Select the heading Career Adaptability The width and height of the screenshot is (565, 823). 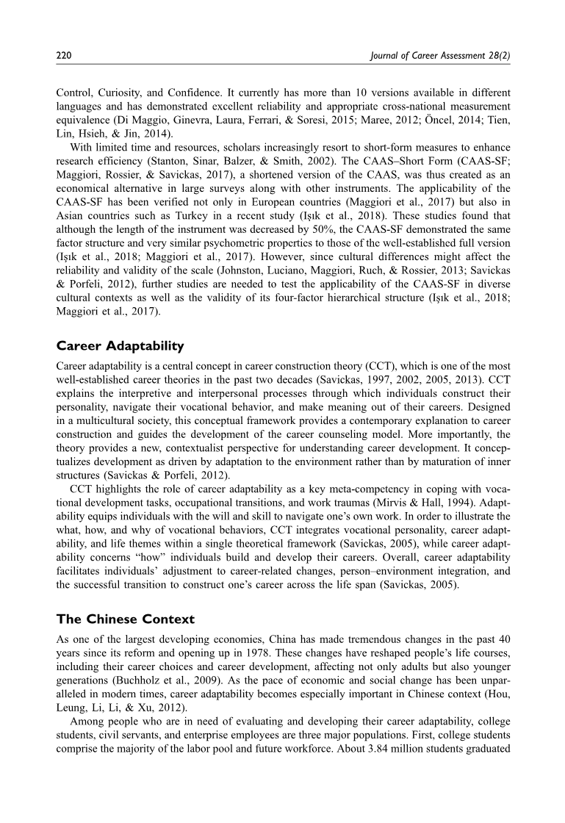click(119, 345)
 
